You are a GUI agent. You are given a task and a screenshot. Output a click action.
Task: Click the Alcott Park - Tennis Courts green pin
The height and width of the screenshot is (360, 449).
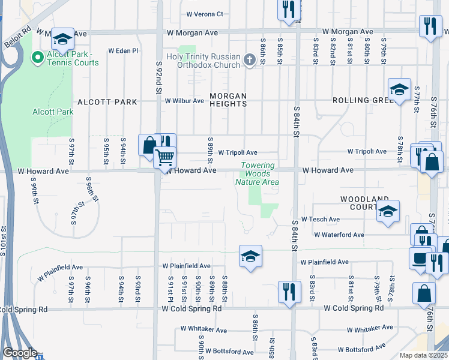coord(37,58)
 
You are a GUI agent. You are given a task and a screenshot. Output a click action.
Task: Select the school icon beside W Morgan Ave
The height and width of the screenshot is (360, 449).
coord(62,40)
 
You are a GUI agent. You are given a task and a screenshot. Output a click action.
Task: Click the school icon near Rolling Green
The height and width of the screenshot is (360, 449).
coord(399,90)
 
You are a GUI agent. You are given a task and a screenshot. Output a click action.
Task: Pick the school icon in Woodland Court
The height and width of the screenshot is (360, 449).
coord(388,211)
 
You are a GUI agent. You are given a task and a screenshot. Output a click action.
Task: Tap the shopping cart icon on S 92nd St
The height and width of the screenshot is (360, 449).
coord(164,158)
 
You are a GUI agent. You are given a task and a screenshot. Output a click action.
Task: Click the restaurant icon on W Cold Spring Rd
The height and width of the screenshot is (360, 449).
coord(289,292)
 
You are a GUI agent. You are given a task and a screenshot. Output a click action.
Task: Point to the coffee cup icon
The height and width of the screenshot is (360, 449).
coord(418,258)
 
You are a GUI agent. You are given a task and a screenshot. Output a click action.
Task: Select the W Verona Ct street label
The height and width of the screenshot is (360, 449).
coord(204,14)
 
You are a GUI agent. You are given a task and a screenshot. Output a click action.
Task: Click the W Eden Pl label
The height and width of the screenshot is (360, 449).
coord(123,51)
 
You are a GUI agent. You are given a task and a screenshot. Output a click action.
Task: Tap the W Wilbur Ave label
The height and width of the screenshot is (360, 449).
coord(185,101)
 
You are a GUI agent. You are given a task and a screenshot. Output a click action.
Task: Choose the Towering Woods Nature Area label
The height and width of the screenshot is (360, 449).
coord(258,173)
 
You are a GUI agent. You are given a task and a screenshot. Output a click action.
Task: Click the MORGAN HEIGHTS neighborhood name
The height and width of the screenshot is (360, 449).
coord(228,100)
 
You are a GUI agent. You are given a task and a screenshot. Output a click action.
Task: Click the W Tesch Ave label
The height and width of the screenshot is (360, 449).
coord(320,220)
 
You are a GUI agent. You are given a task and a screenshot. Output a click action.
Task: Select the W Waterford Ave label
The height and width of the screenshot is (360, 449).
coord(339,235)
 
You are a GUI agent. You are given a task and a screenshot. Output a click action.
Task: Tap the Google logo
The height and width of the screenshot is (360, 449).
coord(19,353)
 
